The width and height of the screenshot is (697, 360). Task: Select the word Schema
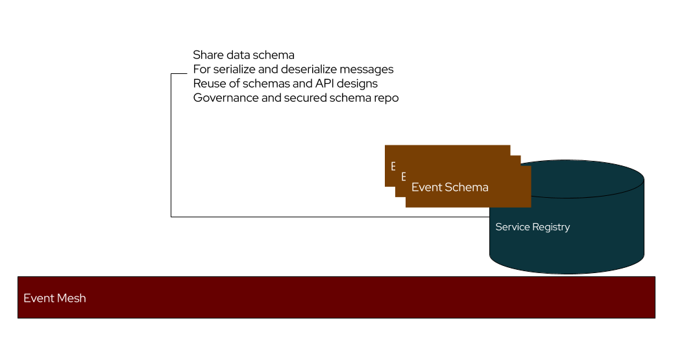[467, 187]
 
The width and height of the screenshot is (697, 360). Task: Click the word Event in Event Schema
[426, 187]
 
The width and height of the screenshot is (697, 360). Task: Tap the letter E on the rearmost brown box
[393, 167]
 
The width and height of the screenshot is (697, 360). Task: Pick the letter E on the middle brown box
[403, 176]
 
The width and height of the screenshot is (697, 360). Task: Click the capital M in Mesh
[62, 298]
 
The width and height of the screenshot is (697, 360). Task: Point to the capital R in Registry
[535, 227]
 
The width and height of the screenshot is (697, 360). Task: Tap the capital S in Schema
[449, 187]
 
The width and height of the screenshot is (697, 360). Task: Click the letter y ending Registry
[567, 228]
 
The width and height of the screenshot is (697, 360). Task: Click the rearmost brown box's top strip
[448, 149]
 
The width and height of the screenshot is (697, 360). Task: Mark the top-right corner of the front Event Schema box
[530, 167]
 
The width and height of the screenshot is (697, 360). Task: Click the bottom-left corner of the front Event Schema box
[407, 206]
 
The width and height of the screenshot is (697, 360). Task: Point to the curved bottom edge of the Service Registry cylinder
[567, 272]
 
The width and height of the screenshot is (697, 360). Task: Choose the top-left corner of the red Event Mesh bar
[19, 278]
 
